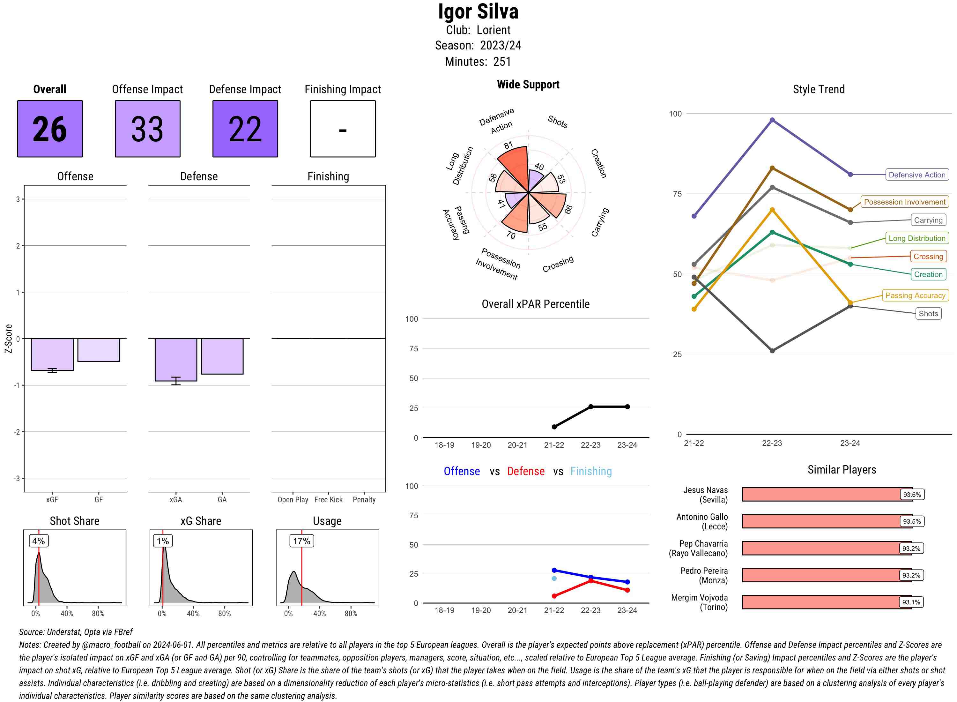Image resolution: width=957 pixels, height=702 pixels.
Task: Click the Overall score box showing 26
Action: tap(50, 129)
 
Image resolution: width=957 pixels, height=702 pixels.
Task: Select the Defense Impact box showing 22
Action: tap(245, 129)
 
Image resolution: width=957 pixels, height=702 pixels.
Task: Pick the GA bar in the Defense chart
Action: tap(222, 356)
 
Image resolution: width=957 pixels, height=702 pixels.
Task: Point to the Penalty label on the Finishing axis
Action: tap(364, 500)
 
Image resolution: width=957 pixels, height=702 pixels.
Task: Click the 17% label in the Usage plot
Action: tap(301, 541)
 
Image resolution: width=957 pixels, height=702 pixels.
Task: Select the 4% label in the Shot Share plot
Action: tap(38, 541)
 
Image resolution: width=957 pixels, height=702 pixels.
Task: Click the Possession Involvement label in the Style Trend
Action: tap(904, 202)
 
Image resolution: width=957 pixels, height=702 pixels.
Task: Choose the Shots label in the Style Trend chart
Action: tap(928, 314)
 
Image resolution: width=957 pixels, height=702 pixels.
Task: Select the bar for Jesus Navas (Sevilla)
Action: tap(826, 494)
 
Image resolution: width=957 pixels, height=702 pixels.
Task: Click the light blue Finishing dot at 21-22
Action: tap(554, 578)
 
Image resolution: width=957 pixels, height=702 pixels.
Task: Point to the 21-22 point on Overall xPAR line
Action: tap(554, 427)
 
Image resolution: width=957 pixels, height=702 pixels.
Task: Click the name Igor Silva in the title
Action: tap(478, 12)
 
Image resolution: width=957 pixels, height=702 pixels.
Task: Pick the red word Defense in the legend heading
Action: tap(525, 471)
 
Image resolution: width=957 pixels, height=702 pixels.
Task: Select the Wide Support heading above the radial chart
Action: tap(528, 85)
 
